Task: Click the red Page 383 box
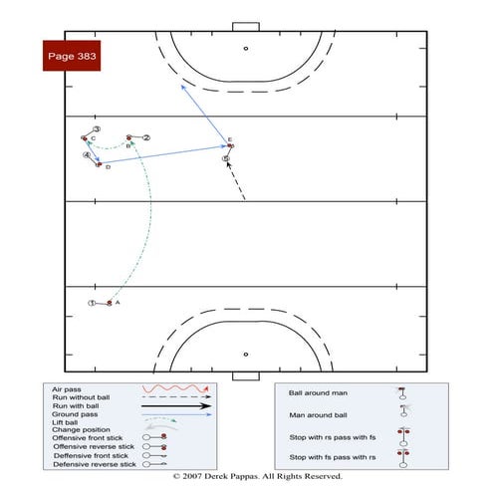click(73, 57)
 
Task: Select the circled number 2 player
click(145, 137)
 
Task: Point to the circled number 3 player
click(97, 129)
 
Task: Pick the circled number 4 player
click(87, 155)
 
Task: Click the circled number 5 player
click(226, 158)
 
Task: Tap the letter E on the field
click(229, 139)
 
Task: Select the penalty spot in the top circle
click(245, 47)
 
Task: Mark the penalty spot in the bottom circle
click(245, 352)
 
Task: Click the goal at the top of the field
click(245, 26)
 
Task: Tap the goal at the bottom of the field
click(245, 376)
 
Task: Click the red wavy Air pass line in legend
click(176, 388)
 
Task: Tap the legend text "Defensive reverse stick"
click(94, 465)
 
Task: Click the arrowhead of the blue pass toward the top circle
click(182, 87)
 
